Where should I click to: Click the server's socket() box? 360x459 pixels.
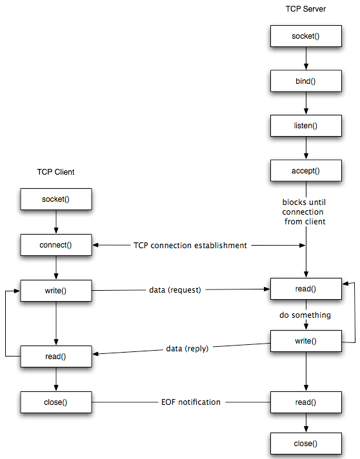pos(306,36)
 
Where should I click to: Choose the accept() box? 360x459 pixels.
pos(306,171)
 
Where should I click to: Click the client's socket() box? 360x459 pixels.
pos(56,199)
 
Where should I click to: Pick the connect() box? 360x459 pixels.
pos(56,245)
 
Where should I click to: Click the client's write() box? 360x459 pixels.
pos(56,290)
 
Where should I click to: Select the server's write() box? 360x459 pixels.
pos(306,340)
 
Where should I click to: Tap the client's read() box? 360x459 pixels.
pos(56,356)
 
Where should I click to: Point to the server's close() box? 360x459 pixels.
pos(306,444)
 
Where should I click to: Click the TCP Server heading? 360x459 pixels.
pos(306,8)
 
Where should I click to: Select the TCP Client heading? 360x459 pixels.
pos(55,171)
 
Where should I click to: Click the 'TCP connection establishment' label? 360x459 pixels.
pos(190,246)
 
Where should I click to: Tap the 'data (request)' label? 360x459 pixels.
pos(175,290)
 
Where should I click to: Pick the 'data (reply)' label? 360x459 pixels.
pos(188,349)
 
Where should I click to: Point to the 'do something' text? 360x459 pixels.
pos(306,315)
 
